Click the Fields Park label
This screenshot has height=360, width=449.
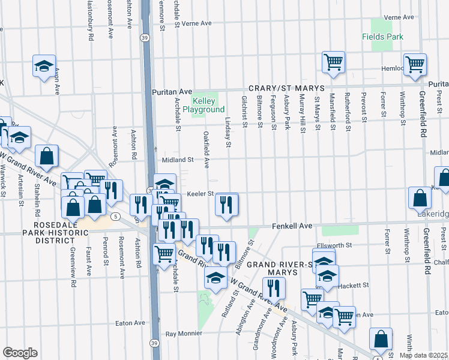[x=382, y=37]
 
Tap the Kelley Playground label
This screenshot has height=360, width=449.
[x=208, y=105]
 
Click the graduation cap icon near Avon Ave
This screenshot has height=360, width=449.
[x=44, y=66]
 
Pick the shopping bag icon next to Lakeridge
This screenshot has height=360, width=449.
[x=420, y=197]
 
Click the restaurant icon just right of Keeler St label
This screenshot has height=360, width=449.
[x=227, y=204]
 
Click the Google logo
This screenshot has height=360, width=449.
[x=20, y=352]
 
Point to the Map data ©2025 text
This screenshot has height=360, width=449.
[x=423, y=355]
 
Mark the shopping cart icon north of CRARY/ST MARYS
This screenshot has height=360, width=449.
[x=333, y=61]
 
